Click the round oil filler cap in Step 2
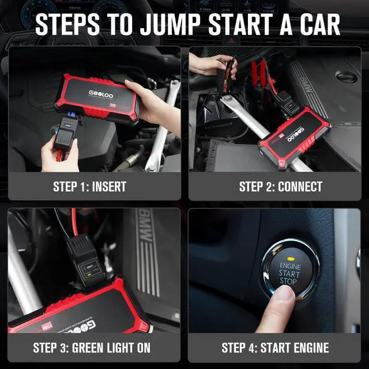pos(346,77)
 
